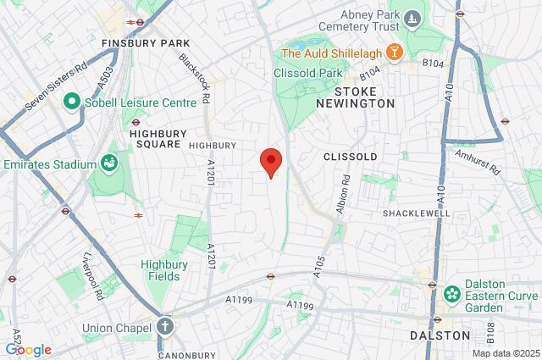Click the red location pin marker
click(270, 161)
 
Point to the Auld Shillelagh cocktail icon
click(393, 53)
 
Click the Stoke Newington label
click(365, 96)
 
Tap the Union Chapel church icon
click(164, 327)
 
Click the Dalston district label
click(440, 335)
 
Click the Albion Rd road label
click(343, 194)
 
